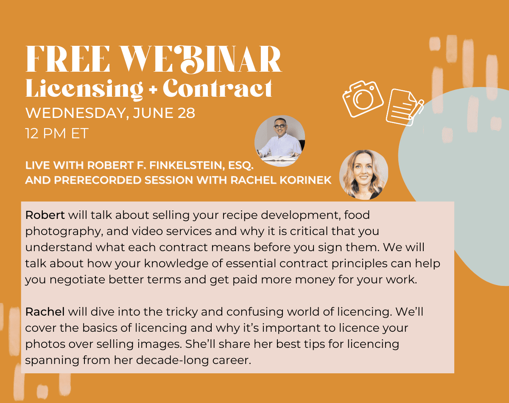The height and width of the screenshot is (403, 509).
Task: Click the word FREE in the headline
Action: pos(67,59)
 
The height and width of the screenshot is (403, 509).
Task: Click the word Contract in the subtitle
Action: pos(218,88)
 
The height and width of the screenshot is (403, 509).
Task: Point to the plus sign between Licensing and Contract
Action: pos(153,90)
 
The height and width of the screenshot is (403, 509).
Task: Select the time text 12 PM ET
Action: pos(57,133)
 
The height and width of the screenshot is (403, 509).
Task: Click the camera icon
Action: pos(363,99)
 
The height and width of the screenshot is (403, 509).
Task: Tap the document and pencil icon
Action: pos(405,107)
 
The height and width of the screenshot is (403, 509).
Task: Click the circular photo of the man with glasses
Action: pos(280,141)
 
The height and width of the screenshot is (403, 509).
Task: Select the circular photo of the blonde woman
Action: pos(364,175)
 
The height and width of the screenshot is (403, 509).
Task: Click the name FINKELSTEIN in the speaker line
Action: pos(187,165)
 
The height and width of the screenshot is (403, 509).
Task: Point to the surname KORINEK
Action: pos(305,180)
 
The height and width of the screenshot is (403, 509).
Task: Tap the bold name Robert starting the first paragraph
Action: pos(45,215)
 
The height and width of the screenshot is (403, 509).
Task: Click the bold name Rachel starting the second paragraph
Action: pos(45,312)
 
